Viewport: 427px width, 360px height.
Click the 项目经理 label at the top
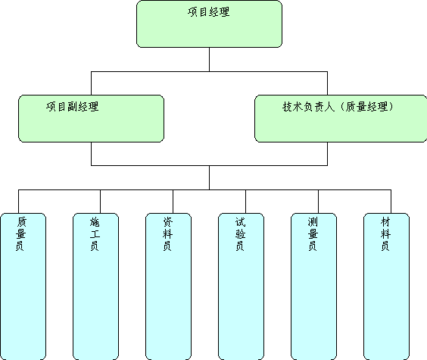click(209, 12)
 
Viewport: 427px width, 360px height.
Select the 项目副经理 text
click(73, 107)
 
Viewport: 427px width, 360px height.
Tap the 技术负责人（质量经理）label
click(338, 107)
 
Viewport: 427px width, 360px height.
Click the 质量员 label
click(20, 234)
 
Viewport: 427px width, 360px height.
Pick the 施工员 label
click(95, 234)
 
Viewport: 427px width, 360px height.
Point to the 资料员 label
click(167, 234)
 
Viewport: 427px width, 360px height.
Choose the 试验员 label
click(240, 234)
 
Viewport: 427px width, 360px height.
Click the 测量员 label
click(313, 234)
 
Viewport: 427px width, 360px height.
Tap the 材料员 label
click(385, 234)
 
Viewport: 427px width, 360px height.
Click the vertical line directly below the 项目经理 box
click(209, 59)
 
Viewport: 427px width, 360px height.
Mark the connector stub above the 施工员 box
click(100, 202)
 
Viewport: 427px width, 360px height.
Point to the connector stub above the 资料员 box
click(173, 202)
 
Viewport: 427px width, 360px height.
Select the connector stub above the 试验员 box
click(245, 202)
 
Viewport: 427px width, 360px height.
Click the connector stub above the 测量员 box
click(318, 202)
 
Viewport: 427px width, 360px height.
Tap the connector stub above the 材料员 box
click(391, 202)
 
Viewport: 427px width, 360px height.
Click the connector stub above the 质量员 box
click(18, 202)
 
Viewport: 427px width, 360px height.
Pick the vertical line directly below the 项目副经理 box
click(91, 154)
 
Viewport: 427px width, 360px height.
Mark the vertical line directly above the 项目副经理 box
click(91, 83)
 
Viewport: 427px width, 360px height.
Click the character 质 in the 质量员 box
click(21, 222)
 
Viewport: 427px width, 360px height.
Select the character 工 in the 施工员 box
click(95, 234)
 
